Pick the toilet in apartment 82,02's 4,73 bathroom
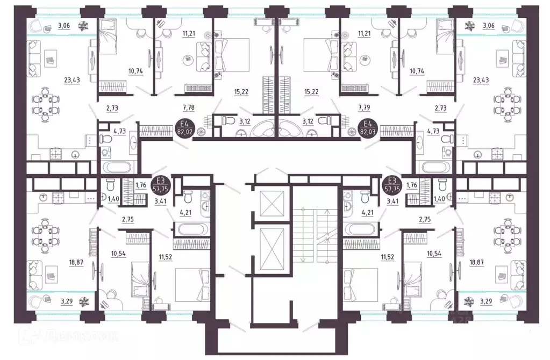(106, 139)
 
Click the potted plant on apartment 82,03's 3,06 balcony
(468, 24)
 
